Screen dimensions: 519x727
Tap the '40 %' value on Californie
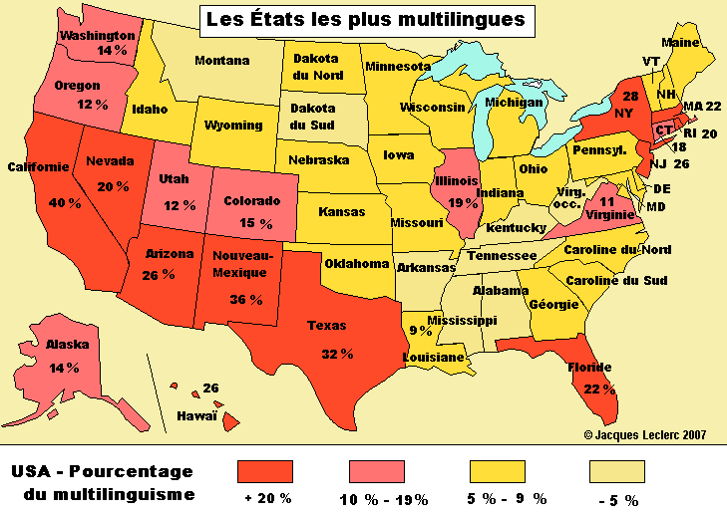pyautogui.click(x=37, y=202)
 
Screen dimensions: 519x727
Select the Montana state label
pyautogui.click(x=221, y=61)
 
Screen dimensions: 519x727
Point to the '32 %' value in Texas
pyautogui.click(x=336, y=353)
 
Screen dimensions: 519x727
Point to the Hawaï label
pyautogui.click(x=197, y=415)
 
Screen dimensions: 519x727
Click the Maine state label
pyautogui.click(x=680, y=43)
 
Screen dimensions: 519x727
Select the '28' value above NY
pyautogui.click(x=629, y=97)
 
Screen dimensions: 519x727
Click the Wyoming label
pyautogui.click(x=233, y=126)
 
